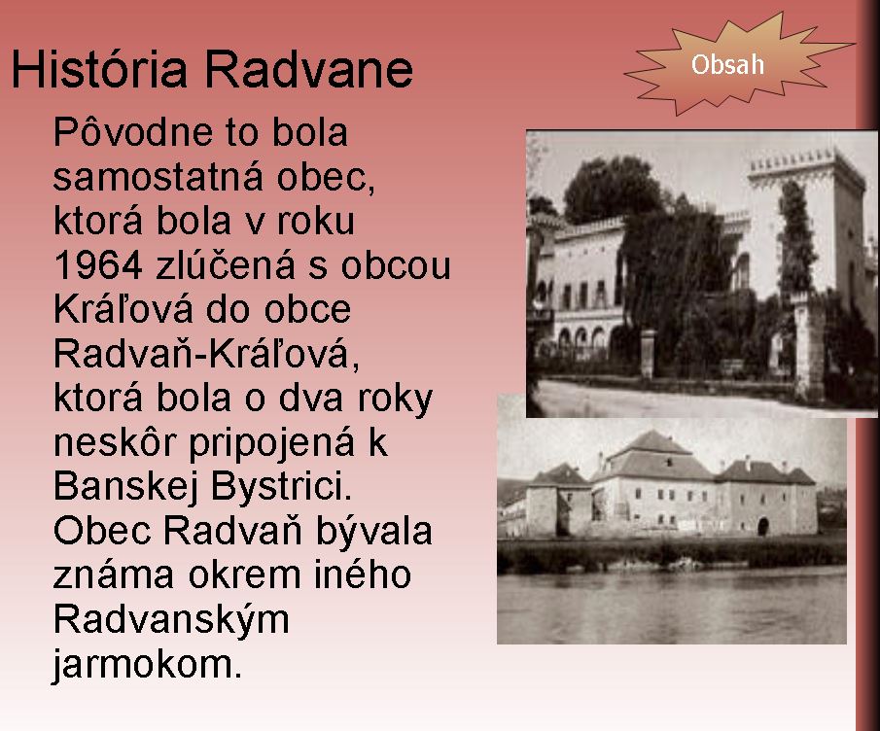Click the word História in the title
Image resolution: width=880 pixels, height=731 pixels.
click(x=99, y=69)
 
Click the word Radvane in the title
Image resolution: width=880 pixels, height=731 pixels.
click(x=308, y=69)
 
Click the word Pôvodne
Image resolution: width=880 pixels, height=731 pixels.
click(x=133, y=132)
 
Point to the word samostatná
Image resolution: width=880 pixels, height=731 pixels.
click(x=158, y=176)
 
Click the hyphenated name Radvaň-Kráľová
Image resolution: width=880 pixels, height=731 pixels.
click(x=206, y=353)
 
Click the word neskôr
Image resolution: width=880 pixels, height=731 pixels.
click(x=115, y=442)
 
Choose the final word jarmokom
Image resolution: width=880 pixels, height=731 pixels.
click(x=147, y=664)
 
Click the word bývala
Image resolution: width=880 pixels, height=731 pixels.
click(x=374, y=531)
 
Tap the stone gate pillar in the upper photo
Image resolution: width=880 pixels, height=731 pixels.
click(x=649, y=354)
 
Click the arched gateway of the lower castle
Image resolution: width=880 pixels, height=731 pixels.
click(x=762, y=526)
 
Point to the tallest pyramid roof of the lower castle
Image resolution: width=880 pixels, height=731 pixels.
click(x=651, y=442)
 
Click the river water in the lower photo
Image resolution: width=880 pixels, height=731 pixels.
click(x=672, y=607)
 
